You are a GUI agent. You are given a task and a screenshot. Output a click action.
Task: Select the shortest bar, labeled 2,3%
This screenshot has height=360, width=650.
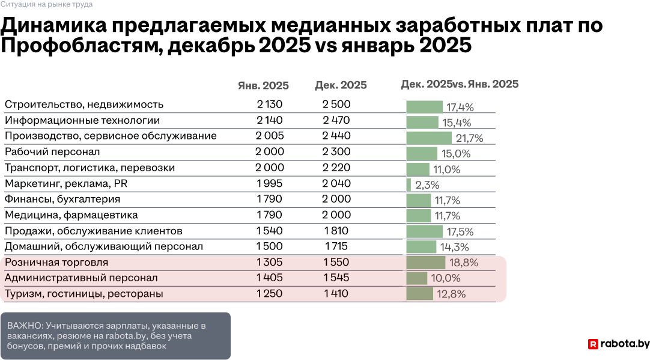409,185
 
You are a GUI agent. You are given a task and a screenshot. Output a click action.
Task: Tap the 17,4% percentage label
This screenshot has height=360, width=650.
460,108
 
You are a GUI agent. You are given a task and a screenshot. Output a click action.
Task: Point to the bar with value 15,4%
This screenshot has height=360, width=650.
422,123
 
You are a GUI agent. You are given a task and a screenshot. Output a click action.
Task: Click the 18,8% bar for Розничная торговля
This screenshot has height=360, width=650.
425,263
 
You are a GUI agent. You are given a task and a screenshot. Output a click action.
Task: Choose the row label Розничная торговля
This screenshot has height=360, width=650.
56,263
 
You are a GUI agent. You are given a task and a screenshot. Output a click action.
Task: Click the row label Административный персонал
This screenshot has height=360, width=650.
81,278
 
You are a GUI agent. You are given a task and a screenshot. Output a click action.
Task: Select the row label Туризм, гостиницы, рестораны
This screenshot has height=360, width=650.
84,294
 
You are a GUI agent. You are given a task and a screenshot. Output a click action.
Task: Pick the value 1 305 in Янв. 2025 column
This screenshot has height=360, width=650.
269,263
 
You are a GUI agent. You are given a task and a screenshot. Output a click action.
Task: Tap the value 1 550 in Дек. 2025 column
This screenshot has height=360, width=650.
336,263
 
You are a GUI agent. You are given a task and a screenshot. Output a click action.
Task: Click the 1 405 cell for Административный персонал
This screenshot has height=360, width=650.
269,278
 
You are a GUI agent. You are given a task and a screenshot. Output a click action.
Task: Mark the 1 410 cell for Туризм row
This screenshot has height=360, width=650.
336,294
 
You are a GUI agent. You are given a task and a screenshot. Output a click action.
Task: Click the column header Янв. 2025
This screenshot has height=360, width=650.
263,85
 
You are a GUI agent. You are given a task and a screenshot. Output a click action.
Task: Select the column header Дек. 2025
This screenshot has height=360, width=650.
341,85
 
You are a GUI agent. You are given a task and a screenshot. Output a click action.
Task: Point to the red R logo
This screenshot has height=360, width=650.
593,344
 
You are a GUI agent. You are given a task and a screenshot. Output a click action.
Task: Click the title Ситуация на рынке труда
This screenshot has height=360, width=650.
46,4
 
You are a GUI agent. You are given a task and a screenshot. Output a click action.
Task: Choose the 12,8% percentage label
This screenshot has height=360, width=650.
451,294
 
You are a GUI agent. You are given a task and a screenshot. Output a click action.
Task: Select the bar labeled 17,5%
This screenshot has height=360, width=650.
424,231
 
